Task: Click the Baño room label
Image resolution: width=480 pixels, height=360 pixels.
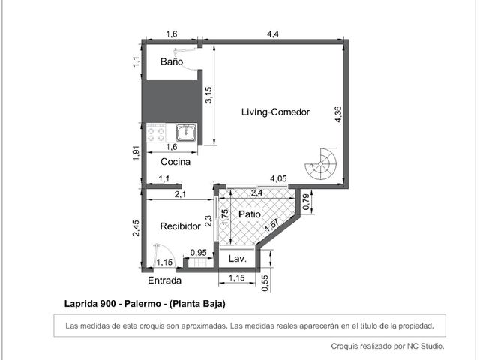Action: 172,61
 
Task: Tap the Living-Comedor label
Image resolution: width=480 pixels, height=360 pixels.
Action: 275,112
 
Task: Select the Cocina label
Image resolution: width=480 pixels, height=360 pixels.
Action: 175,162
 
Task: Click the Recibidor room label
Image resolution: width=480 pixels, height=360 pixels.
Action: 180,226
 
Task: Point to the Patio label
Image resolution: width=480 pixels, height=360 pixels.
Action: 250,214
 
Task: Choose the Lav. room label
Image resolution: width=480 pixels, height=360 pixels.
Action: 238,259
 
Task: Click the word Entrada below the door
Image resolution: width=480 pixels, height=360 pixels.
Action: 164,280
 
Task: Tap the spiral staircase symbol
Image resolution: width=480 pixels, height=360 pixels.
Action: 320,163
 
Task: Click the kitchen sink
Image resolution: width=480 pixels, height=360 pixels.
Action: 186,132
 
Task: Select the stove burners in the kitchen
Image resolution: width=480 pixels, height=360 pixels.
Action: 156,133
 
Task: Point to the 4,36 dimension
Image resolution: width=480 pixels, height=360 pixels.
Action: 337,115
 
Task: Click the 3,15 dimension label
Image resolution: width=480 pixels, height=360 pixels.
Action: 208,95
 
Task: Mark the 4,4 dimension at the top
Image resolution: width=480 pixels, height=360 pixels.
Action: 272,34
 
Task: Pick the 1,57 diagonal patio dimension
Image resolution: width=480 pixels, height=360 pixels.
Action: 271,225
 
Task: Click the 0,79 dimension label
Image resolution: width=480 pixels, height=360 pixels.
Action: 305,202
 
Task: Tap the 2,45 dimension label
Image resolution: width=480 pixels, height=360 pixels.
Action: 136,228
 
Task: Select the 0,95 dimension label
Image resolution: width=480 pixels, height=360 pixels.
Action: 198,253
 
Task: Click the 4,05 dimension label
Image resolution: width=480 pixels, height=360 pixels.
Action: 278,178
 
